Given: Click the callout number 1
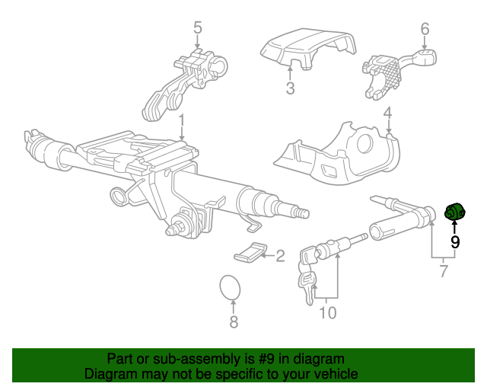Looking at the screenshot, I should coord(182,120).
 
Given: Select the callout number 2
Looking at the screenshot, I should coord(279,256).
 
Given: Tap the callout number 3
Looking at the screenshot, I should coord(290,89).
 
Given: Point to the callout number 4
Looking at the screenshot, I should coord(387,115).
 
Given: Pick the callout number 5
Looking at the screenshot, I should coord(197,29).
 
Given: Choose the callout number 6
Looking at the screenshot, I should coord(425,29).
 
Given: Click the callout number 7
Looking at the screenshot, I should coord(444,270).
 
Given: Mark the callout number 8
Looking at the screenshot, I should coord(234,322).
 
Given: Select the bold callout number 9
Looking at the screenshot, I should coord(455,242).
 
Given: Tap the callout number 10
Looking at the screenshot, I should coord(327,312).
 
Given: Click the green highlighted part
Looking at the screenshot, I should coord(454,214).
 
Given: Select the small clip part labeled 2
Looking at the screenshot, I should coord(252,252).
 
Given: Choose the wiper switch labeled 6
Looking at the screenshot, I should coord(391,73).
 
